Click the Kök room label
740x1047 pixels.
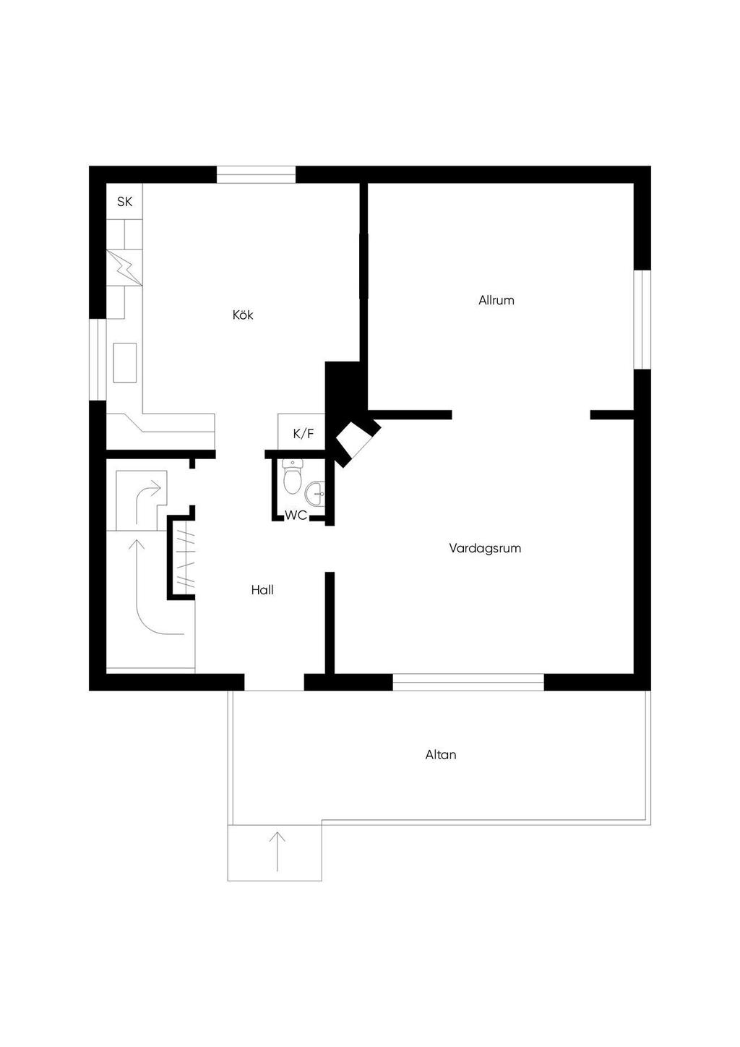pyautogui.click(x=243, y=315)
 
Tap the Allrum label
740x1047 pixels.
pyautogui.click(x=496, y=300)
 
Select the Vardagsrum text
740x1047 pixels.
pyautogui.click(x=484, y=548)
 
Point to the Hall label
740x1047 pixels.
pyautogui.click(x=262, y=590)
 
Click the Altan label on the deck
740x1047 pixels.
pyautogui.click(x=440, y=755)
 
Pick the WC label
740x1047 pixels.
pyautogui.click(x=296, y=516)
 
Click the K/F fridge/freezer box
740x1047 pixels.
pyautogui.click(x=303, y=434)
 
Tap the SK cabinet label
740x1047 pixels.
pyautogui.click(x=125, y=202)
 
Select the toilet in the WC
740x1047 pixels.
pyautogui.click(x=292, y=479)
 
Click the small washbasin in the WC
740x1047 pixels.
pyautogui.click(x=316, y=494)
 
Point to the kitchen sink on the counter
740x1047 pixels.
pyautogui.click(x=125, y=362)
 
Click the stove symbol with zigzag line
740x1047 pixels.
pyautogui.click(x=124, y=268)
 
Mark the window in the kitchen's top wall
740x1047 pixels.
pyautogui.click(x=257, y=174)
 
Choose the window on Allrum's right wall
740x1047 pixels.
pyautogui.click(x=642, y=319)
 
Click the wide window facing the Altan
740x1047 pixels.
pyautogui.click(x=468, y=682)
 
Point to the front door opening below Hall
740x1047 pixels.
pyautogui.click(x=274, y=683)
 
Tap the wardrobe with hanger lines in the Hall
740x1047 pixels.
pyautogui.click(x=184, y=557)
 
